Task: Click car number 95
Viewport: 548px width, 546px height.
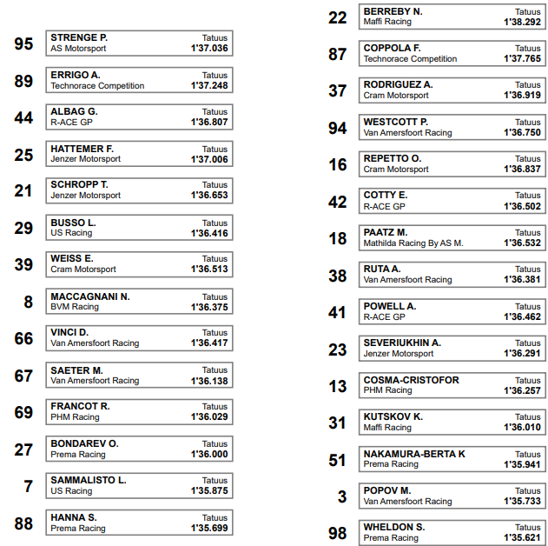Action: point(23,44)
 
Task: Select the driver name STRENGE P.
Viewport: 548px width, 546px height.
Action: point(79,38)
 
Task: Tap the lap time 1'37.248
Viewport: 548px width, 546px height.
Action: point(209,86)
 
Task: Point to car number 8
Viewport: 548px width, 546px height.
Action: point(28,302)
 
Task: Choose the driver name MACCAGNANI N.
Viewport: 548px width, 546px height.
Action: point(90,296)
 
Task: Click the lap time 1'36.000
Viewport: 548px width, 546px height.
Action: point(209,454)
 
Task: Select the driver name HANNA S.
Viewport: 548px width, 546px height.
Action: point(74,517)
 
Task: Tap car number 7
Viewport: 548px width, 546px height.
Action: point(28,486)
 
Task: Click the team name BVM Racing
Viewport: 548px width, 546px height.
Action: point(75,307)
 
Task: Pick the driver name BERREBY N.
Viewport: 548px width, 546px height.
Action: point(393,11)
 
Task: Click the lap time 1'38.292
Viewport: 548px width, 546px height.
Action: point(522,22)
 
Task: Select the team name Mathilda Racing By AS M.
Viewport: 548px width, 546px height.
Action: point(413,243)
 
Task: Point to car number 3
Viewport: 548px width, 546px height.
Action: point(341,496)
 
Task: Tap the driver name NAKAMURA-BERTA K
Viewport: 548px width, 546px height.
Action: point(414,454)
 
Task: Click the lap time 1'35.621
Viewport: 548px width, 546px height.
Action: point(522,538)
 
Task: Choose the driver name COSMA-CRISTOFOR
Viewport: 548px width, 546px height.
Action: point(411,380)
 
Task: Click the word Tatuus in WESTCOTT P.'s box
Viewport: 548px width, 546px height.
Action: point(528,122)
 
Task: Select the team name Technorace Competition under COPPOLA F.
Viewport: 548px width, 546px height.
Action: point(410,59)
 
